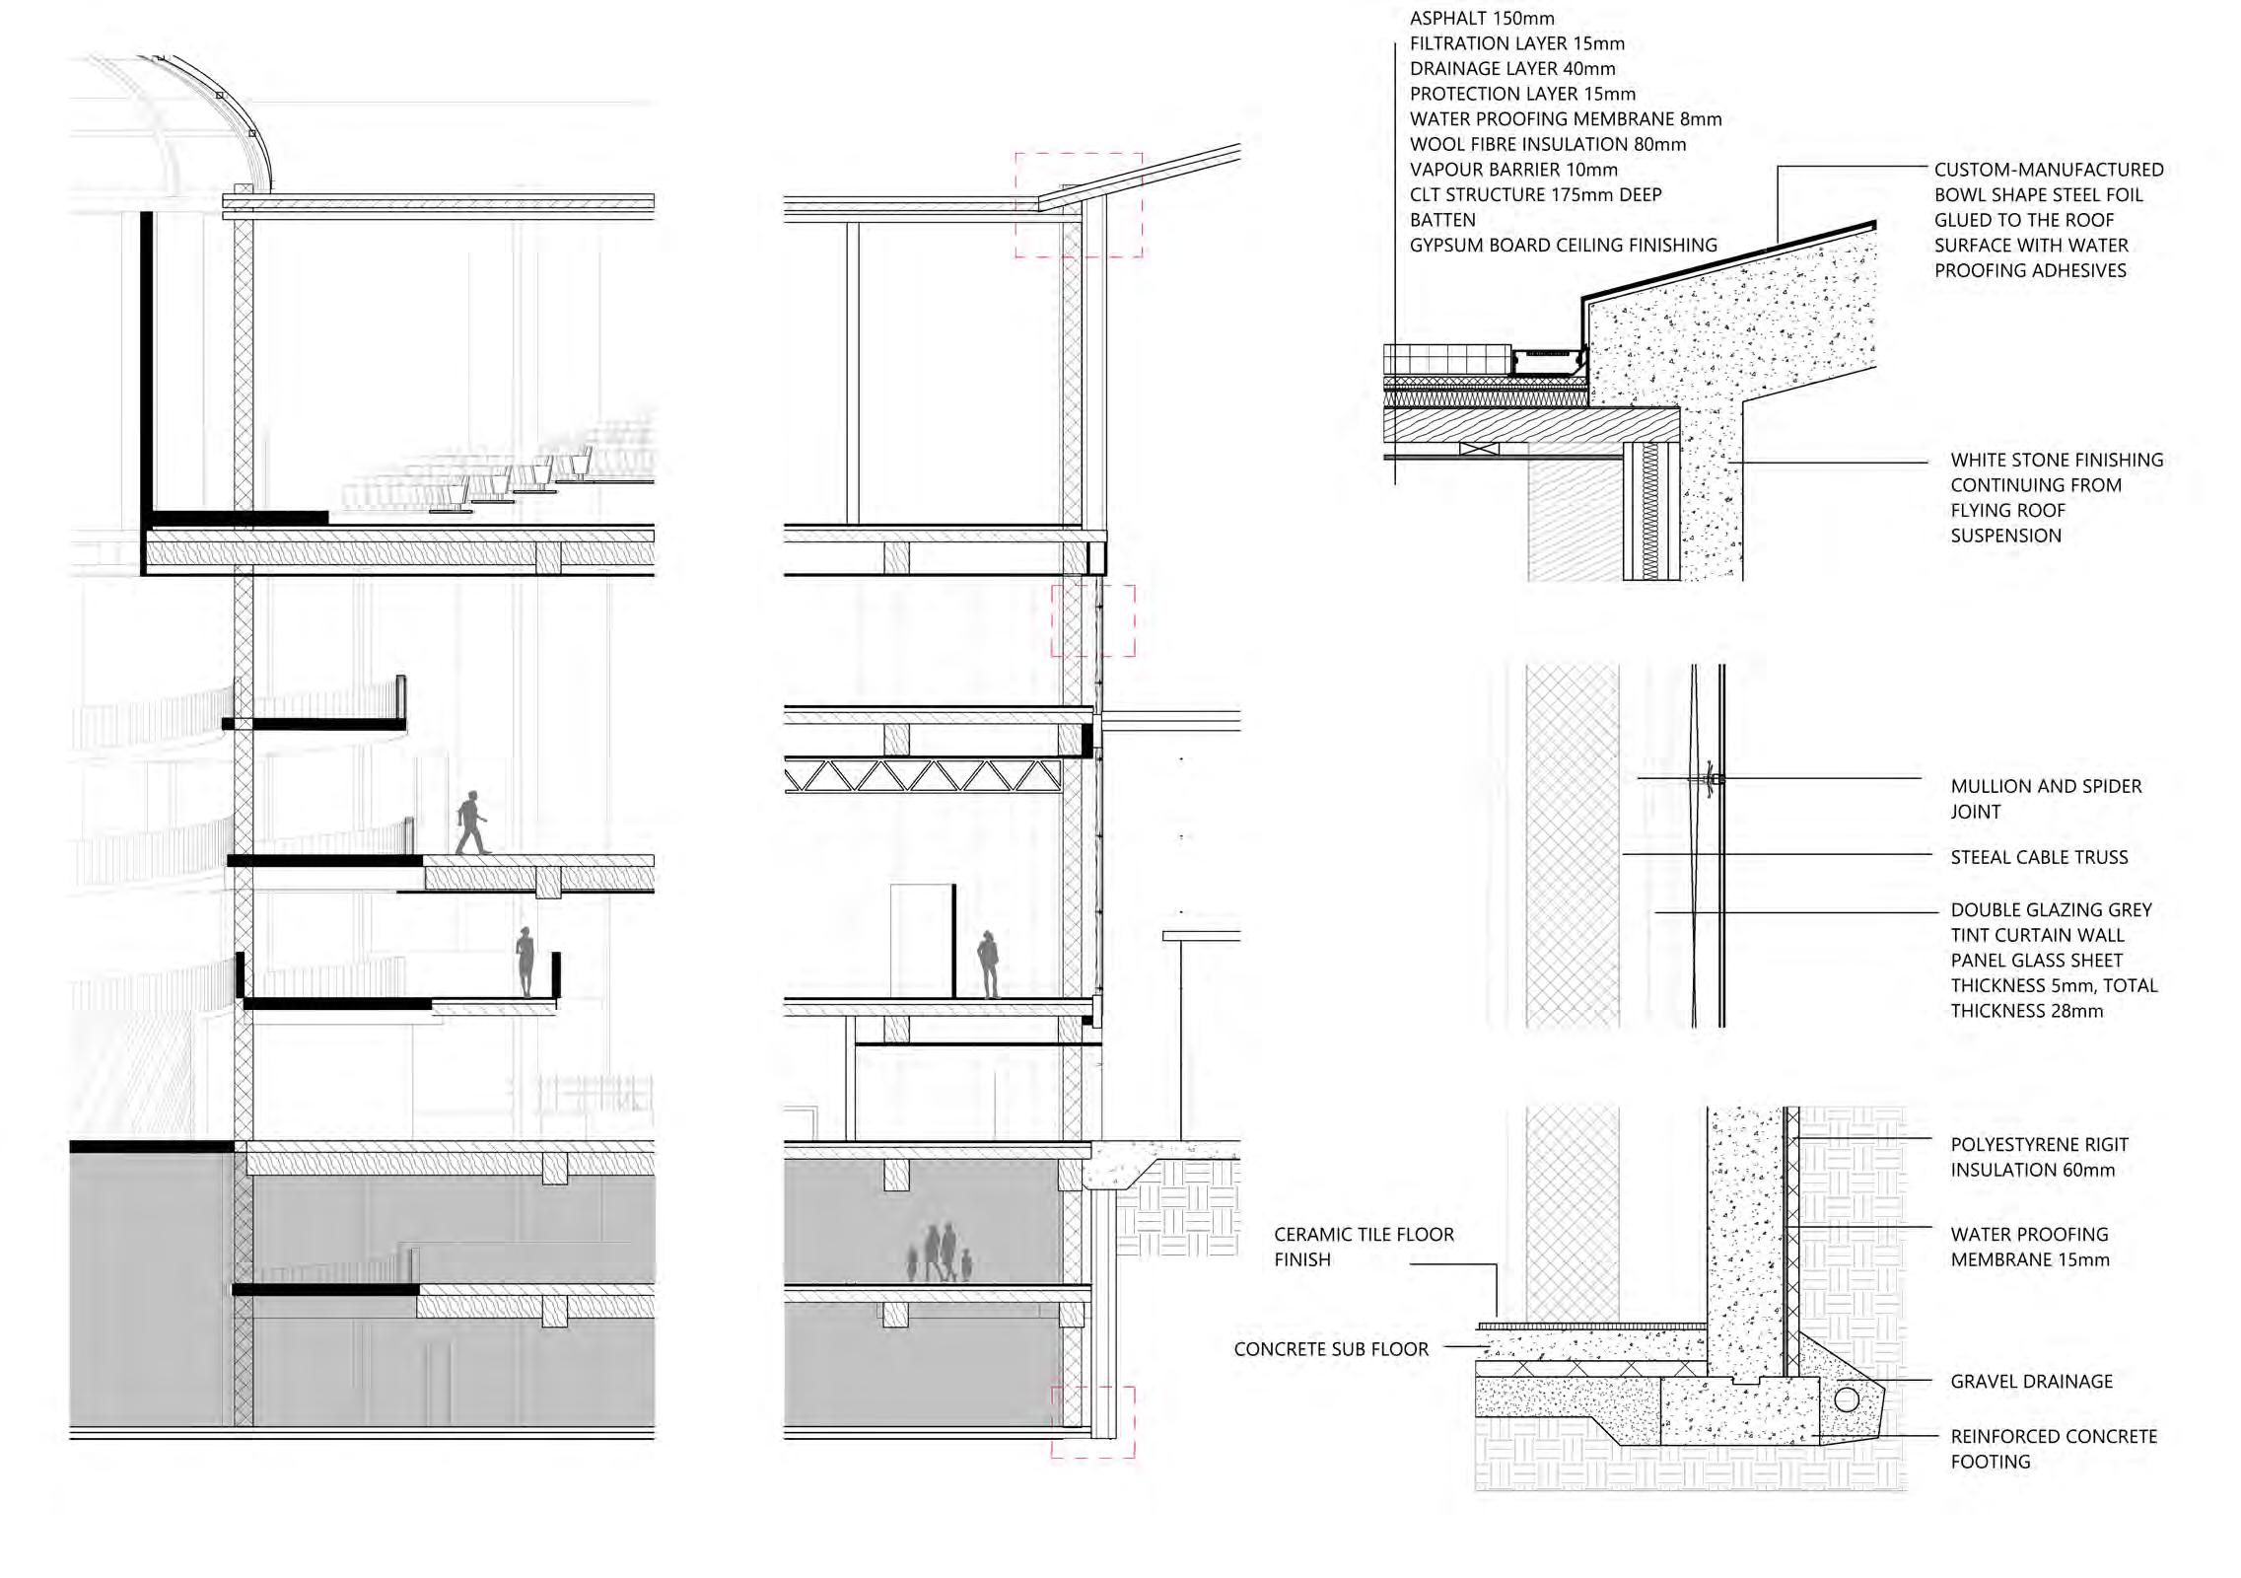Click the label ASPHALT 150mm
coord(1482,18)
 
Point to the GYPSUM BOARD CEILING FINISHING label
coord(1563,246)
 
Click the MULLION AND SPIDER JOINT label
coord(2046,799)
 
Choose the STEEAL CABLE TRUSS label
coord(2039,858)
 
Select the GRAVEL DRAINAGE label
coord(2031,1382)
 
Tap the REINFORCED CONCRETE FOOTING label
coord(2053,1449)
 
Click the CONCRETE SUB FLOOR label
coord(1331,1349)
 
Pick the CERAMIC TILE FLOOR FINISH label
coord(1364,1247)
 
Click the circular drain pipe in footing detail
coord(1847,1399)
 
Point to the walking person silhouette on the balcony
coord(471,823)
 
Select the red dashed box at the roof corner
coord(1080,205)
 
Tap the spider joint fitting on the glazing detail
coord(1713,779)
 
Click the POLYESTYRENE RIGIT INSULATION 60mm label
coord(2039,1157)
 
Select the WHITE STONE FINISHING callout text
coord(2056,498)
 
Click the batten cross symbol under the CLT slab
coord(1479,449)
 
